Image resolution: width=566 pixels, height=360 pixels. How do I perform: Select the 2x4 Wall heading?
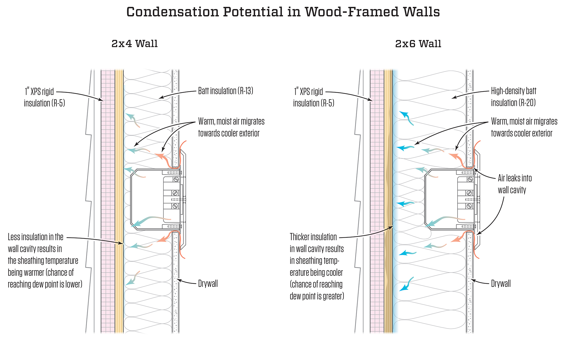[x=134, y=44]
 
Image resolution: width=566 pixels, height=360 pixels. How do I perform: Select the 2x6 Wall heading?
[x=418, y=44]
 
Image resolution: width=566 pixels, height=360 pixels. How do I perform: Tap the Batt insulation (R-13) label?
[x=225, y=91]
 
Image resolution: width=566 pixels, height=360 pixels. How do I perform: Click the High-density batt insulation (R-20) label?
[x=513, y=97]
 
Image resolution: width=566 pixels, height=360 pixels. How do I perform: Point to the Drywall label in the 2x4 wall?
[x=208, y=284]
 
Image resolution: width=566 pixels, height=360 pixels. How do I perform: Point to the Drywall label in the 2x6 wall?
[x=501, y=284]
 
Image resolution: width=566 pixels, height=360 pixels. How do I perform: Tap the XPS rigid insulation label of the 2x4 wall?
[x=44, y=97]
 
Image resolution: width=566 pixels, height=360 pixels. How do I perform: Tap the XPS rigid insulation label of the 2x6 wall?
[x=314, y=97]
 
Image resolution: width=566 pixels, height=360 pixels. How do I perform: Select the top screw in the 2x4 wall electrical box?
[x=176, y=179]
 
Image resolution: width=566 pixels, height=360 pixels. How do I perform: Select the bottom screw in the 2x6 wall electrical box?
[x=469, y=206]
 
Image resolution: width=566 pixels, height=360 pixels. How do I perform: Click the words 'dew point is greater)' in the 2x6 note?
[x=317, y=296]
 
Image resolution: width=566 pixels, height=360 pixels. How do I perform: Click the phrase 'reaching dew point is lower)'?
[x=45, y=284]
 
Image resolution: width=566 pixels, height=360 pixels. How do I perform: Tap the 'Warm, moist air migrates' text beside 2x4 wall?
[x=231, y=122]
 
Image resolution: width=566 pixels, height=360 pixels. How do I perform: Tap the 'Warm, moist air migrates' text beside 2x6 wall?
[x=524, y=122]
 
